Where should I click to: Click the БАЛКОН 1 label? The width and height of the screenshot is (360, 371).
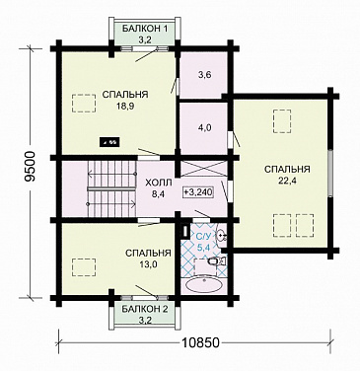tap(145, 29)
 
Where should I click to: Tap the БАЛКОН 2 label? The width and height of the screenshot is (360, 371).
tap(145, 309)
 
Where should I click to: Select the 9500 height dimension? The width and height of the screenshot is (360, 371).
tap(30, 167)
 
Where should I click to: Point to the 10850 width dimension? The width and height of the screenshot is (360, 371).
tap(200, 342)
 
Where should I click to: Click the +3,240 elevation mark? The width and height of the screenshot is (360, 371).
tap(198, 192)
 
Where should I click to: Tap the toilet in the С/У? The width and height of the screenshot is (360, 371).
tap(217, 261)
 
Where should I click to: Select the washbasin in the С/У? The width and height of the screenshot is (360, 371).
tap(221, 235)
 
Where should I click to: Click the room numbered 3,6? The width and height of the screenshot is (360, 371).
tap(204, 75)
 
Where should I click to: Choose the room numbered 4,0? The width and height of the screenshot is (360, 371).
tap(204, 128)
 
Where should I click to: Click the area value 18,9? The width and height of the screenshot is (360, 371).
tap(124, 106)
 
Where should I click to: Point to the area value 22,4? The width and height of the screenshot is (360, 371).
tap(287, 181)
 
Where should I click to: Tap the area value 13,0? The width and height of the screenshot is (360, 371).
tap(148, 264)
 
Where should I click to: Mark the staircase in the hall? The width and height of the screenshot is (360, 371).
tap(111, 188)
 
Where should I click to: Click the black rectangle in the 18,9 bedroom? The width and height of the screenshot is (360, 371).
tap(110, 142)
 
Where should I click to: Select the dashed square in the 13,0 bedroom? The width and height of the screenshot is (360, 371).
tap(84, 267)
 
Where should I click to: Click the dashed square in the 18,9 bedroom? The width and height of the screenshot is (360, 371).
tap(84, 104)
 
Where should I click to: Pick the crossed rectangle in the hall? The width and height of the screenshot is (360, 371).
tap(204, 169)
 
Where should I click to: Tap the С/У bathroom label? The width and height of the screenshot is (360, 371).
tap(202, 236)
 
